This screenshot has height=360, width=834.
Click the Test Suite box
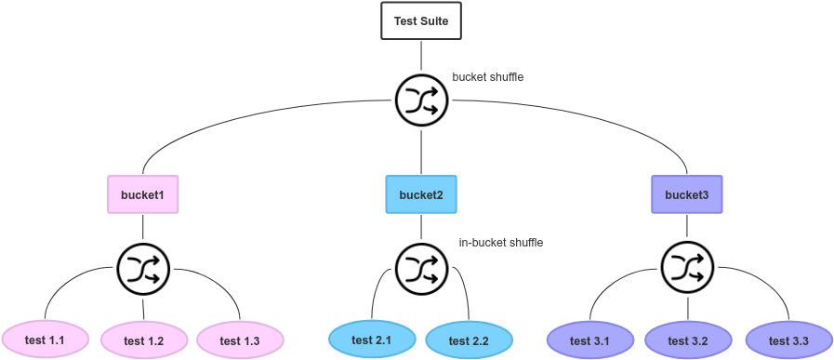[420, 20]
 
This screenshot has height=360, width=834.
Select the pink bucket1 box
[142, 194]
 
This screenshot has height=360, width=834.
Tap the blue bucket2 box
[420, 194]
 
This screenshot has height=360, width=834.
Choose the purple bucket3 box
[686, 194]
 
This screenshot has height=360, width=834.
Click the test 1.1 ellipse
[45, 340]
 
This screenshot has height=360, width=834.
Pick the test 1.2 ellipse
[143, 340]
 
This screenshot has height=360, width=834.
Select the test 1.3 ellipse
[239, 340]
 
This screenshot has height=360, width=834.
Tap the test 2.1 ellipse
[371, 340]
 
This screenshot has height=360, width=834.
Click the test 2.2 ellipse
[469, 340]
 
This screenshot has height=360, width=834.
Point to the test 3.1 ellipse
[589, 340]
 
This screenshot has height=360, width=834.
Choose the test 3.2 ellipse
[688, 340]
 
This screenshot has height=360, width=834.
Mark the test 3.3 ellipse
[788, 340]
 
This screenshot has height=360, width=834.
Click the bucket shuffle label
[487, 77]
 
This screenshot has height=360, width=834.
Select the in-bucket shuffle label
[500, 243]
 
